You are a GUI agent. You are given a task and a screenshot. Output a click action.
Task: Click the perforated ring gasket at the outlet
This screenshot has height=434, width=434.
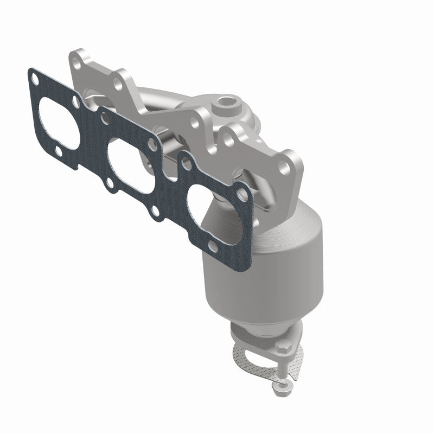tap(250, 358)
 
